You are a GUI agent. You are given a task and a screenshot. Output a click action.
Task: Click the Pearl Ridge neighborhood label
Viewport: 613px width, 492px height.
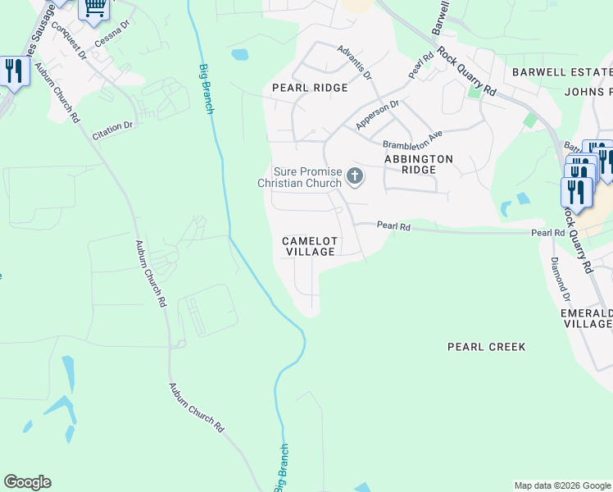310,88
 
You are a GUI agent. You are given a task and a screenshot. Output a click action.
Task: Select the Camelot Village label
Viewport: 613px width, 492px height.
309,246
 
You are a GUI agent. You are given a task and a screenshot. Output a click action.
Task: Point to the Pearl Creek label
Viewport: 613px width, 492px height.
486,347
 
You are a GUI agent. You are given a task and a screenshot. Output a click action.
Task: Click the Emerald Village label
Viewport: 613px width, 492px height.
586,318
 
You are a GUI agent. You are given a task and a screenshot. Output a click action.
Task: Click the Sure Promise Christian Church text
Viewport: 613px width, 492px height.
299,177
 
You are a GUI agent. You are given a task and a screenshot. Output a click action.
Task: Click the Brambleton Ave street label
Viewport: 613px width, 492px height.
412,138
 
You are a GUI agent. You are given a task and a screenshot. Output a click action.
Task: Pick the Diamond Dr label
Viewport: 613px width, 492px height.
560,278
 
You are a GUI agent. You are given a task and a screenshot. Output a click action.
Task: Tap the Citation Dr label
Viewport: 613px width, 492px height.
113,130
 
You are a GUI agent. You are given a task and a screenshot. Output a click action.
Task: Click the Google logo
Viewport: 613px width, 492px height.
27,482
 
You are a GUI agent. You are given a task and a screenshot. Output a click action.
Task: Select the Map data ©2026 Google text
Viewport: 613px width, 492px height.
562,485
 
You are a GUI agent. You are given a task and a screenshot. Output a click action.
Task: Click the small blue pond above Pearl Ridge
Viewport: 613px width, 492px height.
239,56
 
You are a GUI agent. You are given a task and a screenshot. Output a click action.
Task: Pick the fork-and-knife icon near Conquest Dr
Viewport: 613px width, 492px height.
12,71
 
